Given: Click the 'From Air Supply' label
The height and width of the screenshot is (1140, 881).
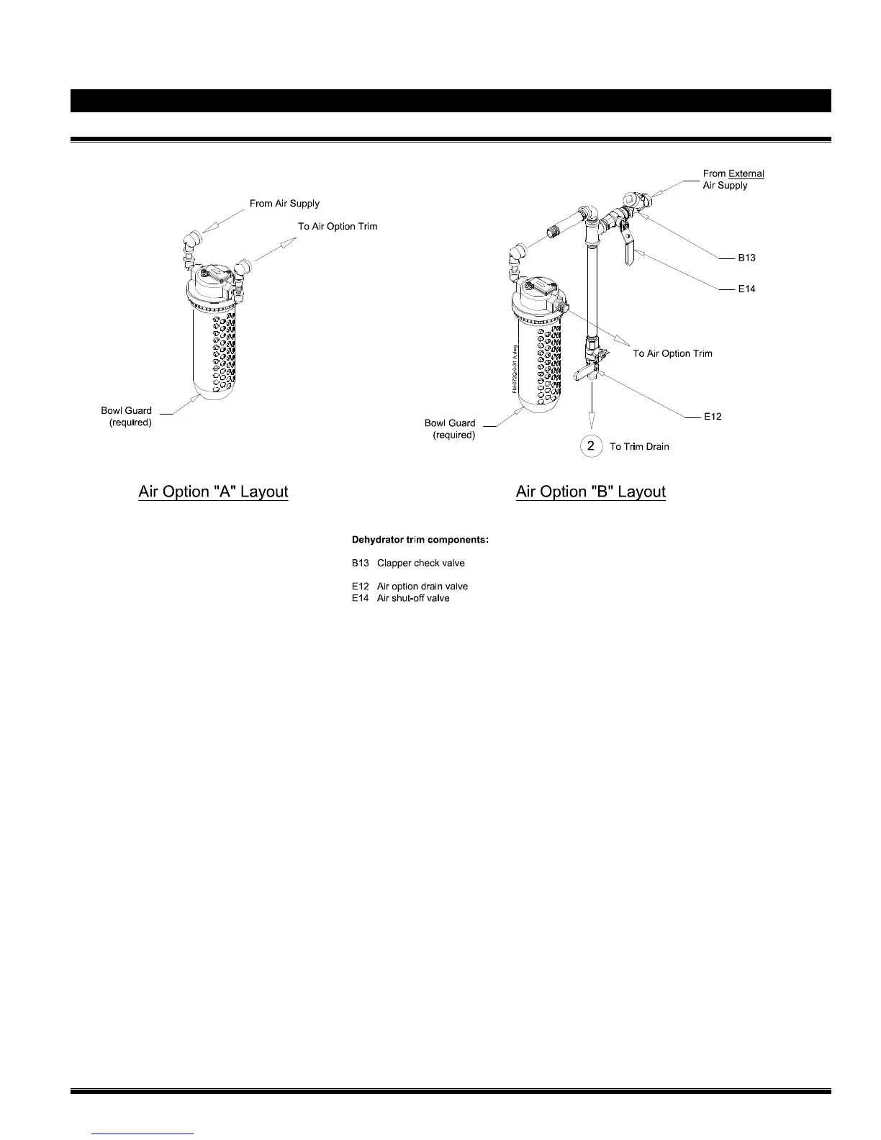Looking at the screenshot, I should pos(284,204).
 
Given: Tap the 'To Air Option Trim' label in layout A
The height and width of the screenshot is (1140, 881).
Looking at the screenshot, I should pos(338,226).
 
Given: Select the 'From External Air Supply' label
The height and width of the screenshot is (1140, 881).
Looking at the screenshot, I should pos(733,179).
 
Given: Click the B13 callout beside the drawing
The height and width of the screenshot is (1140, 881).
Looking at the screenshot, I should pos(746,258).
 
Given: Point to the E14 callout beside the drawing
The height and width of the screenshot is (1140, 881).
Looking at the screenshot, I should pos(746,289).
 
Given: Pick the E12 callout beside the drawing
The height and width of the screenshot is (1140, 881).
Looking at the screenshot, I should pos(713,416).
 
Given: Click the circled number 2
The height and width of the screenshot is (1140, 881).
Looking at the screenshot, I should pos(591,446).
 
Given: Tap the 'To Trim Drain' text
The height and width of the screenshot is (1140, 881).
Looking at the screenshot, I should pos(639,447).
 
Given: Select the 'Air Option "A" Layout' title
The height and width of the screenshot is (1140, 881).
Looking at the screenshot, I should pos(213,492).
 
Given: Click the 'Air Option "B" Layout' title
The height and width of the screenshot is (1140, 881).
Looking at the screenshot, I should pos(591,492).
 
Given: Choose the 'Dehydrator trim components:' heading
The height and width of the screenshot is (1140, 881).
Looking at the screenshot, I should pos(420,539).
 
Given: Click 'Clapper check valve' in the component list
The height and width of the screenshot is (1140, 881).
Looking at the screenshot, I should pos(421,563).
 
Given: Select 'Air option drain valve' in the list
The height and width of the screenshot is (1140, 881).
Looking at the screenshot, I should pos(423,586).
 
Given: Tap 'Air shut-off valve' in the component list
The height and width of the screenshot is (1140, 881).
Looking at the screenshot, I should pos(413,598).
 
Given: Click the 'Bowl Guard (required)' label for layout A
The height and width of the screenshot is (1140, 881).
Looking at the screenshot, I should pos(127,417).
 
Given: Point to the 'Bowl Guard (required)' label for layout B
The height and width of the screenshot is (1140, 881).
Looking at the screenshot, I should pos(451,429).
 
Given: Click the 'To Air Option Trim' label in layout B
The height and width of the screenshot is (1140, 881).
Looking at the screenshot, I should pos(672,353).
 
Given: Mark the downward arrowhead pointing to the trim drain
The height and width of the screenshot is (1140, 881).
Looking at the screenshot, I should pos(592,425).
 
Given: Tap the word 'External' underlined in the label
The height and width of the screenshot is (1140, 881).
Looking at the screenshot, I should pos(746,173).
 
